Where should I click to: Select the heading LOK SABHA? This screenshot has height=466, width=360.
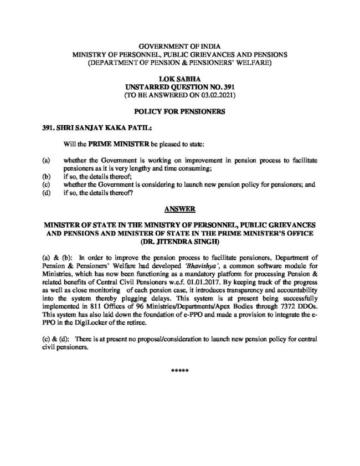(180, 80)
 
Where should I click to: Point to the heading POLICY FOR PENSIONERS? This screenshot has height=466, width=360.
(180, 112)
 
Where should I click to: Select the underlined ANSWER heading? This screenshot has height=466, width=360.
(180, 209)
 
